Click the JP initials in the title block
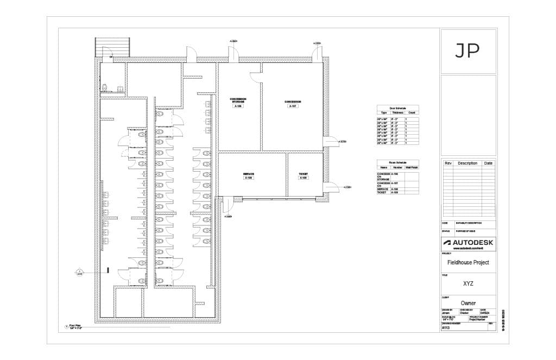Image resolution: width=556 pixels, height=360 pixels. pyautogui.click(x=467, y=50)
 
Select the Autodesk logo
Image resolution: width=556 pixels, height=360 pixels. pyautogui.click(x=468, y=242)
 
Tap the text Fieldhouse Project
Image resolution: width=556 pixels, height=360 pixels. pyautogui.click(x=468, y=262)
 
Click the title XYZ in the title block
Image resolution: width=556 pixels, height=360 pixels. pyautogui.click(x=468, y=283)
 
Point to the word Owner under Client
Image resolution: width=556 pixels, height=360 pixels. pyautogui.click(x=468, y=303)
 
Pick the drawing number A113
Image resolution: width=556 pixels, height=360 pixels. pyautogui.click(x=446, y=328)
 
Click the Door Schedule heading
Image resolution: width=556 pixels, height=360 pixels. pyautogui.click(x=397, y=108)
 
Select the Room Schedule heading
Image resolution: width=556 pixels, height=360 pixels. pyautogui.click(x=397, y=162)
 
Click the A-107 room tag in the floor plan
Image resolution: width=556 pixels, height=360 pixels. pyautogui.click(x=293, y=106)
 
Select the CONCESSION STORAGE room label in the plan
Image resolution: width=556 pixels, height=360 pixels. pyautogui.click(x=238, y=100)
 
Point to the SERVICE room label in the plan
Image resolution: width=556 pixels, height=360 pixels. pyautogui.click(x=249, y=174)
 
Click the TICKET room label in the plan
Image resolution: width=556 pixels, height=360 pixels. pyautogui.click(x=304, y=174)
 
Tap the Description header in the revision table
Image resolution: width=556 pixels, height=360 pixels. pyautogui.click(x=467, y=163)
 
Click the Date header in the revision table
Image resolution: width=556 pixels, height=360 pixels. pyautogui.click(x=489, y=163)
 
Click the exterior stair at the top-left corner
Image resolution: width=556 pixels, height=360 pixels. pyautogui.click(x=113, y=46)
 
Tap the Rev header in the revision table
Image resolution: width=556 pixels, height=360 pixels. pyautogui.click(x=448, y=163)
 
